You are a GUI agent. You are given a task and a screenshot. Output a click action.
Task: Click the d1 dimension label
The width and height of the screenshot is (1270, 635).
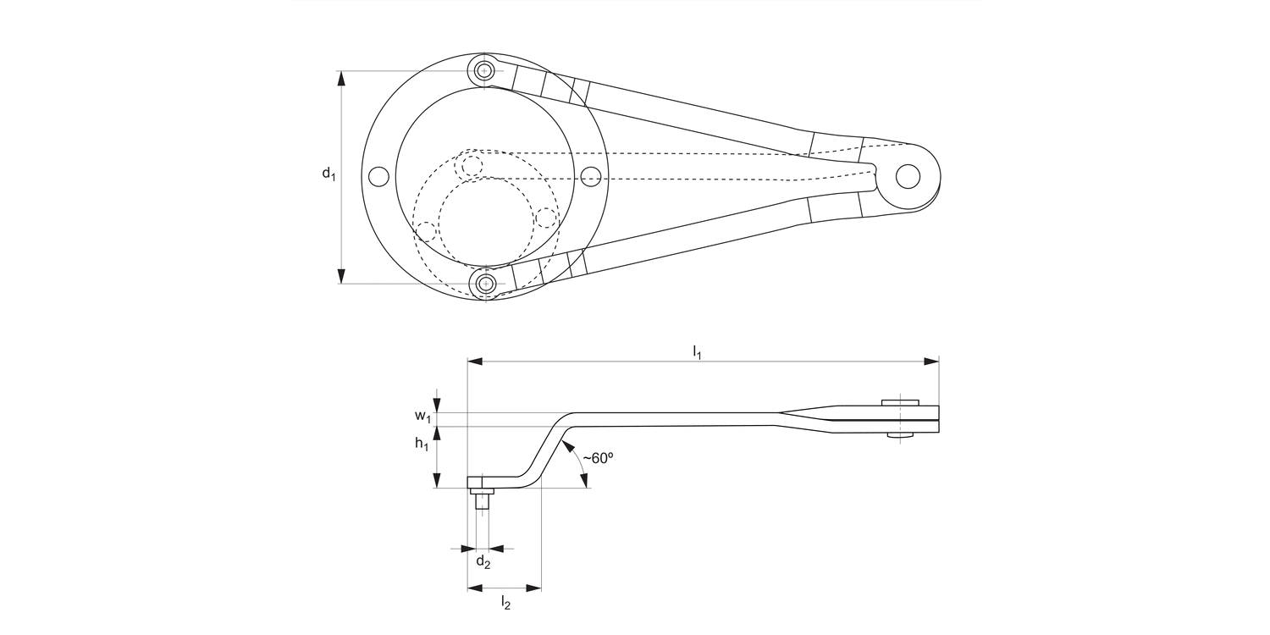pos(329,174)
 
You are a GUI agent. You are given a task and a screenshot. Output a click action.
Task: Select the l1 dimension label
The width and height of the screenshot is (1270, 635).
pos(698,351)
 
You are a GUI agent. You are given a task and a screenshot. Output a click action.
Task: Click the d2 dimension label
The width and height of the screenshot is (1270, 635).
pos(483,562)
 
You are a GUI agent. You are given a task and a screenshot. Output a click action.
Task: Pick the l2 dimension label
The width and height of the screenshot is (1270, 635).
pos(505,602)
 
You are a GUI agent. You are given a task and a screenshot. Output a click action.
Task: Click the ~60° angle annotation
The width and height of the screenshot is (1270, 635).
pos(598,458)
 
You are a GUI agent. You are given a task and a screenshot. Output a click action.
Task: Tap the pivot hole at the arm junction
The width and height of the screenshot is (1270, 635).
pos(908,176)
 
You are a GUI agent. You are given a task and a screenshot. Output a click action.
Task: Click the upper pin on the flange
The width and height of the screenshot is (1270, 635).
pos(484,70)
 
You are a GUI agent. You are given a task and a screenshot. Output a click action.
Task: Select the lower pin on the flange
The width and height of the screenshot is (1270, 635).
pos(485,284)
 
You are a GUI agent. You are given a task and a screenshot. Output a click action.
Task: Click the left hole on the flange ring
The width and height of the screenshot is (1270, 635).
pos(379,176)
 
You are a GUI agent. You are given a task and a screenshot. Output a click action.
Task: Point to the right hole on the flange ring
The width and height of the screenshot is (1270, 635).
pos(592,176)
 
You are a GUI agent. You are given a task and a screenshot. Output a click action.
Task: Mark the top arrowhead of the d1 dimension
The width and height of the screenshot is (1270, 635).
pos(341,79)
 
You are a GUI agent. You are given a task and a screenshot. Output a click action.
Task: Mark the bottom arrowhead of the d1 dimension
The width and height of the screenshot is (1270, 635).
pos(341,276)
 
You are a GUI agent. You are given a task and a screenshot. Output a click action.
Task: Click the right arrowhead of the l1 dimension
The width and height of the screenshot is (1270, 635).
pos(931,362)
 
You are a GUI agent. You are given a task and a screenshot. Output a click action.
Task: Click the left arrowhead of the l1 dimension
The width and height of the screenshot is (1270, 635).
pos(476,362)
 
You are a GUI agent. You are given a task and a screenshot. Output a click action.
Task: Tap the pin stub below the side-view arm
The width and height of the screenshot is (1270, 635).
pos(483,500)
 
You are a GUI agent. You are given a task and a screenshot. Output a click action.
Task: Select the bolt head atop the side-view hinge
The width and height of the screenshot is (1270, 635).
pos(900,402)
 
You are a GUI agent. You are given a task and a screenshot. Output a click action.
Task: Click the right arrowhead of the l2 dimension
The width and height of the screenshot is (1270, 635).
pos(533,587)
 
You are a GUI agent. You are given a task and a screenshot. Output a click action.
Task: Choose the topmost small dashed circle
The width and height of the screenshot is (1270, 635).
pos(469,165)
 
